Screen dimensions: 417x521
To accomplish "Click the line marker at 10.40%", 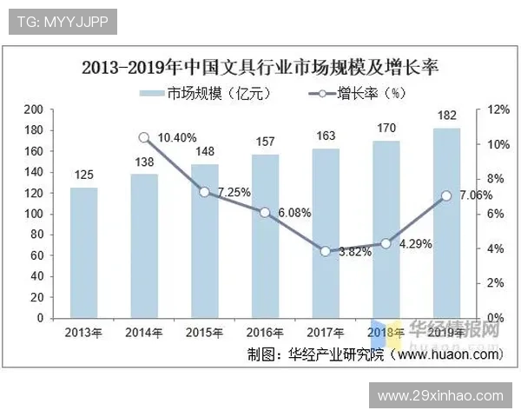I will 144,137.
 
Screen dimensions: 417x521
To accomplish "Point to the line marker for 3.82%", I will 325,251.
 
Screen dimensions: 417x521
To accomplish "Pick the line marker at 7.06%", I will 446,195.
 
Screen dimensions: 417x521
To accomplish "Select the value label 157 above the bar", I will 265,142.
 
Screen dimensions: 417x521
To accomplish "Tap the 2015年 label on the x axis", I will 204,333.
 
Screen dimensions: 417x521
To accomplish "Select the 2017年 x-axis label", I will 326,333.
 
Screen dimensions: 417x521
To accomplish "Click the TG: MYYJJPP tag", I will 60,22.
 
